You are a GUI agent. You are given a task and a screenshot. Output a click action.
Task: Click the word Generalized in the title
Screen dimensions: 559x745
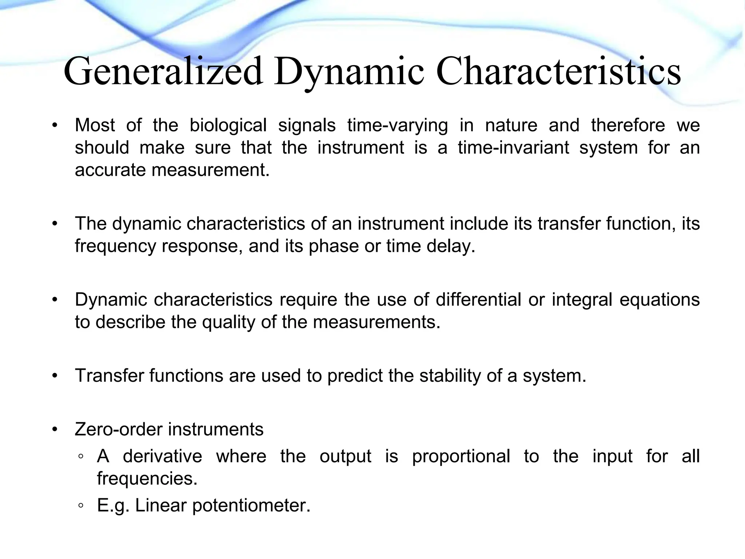point(163,71)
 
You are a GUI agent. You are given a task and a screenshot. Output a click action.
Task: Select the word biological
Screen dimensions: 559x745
point(228,126)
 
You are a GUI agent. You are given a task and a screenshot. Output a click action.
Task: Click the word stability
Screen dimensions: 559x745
point(450,376)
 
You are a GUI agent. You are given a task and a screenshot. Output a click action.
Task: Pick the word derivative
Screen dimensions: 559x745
point(162,456)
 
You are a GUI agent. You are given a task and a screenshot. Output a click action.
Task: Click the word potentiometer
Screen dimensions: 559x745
point(251,506)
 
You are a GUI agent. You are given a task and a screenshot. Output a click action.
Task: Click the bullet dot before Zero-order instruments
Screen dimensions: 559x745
point(55,430)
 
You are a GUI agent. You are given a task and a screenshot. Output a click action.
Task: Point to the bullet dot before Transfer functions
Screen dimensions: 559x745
point(55,376)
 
